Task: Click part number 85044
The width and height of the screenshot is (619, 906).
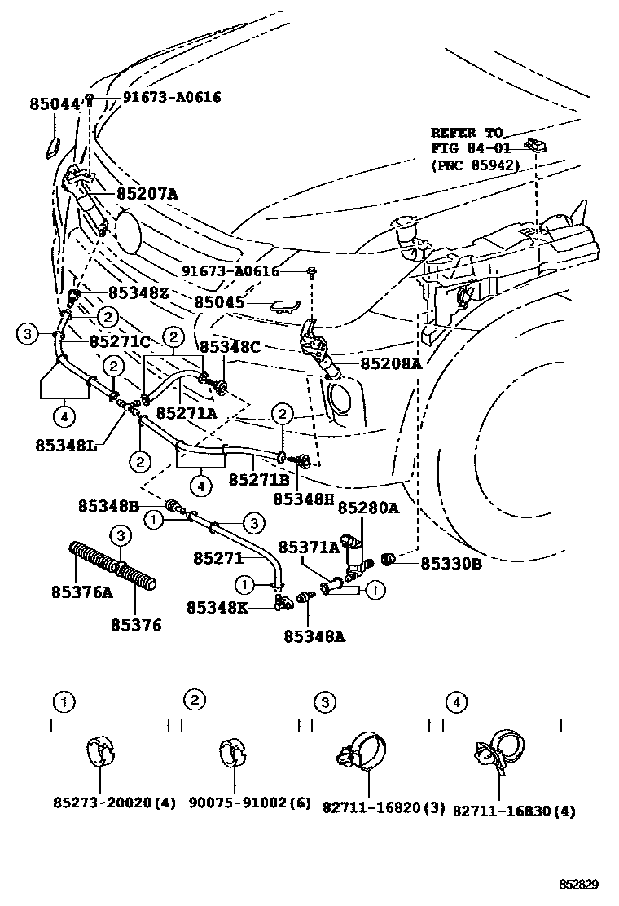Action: tap(55, 104)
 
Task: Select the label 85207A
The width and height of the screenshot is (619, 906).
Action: tap(147, 194)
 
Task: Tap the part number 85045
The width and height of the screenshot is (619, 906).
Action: tap(219, 302)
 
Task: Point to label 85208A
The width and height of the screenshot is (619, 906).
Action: tap(386, 364)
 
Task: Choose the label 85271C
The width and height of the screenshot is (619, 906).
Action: tap(120, 341)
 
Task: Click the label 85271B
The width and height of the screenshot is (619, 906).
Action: tap(259, 481)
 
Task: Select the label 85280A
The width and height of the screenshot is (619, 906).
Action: tap(368, 508)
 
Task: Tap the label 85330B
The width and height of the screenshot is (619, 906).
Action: tap(449, 562)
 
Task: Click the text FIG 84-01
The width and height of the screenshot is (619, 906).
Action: tap(468, 148)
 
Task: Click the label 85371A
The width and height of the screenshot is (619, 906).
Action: tap(309, 548)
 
